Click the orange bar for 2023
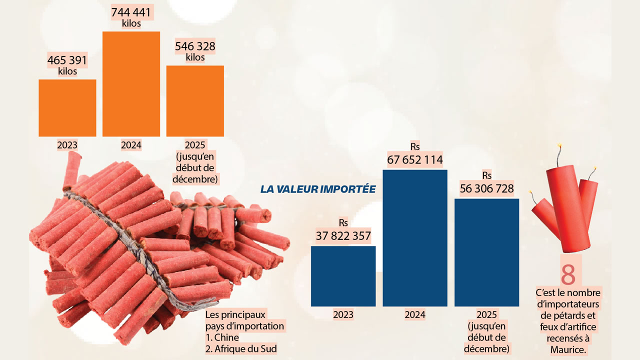click(67, 107)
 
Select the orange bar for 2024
click(131, 83)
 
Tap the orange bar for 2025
click(195, 100)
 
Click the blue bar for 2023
click(343, 276)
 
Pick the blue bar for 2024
click(415, 238)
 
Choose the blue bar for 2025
click(486, 252)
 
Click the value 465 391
click(67, 60)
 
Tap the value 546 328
click(195, 46)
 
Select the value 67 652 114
click(415, 160)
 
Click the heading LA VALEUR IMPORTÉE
click(318, 189)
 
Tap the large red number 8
click(568, 274)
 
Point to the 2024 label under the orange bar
click(131, 145)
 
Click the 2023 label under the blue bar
click(343, 315)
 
